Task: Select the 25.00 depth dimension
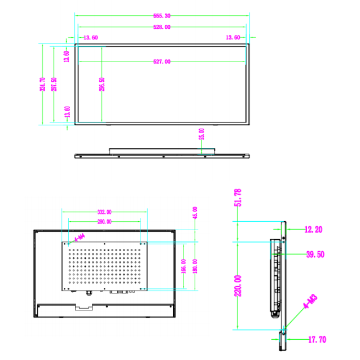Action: click(202, 134)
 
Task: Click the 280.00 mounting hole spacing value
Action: click(104, 222)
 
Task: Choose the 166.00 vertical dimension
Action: click(184, 265)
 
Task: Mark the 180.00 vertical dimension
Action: click(195, 265)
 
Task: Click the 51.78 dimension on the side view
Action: click(238, 199)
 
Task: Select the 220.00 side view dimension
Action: click(238, 285)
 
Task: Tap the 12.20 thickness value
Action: click(314, 230)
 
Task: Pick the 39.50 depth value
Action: click(315, 254)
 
